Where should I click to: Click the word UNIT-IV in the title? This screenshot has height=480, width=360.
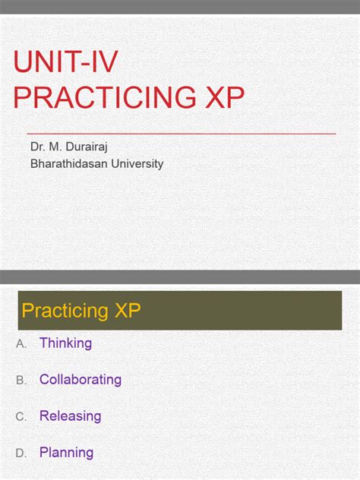pos(66,63)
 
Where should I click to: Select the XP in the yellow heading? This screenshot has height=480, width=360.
pos(126,310)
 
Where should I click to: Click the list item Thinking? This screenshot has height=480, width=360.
pos(65,343)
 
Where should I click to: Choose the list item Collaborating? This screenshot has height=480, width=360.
pos(81,380)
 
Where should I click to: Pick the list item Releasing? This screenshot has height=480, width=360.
pos(70,416)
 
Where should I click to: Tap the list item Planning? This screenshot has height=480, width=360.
pos(66,453)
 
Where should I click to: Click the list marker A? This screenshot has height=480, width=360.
pos(21,344)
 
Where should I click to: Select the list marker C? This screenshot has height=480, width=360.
pos(21,417)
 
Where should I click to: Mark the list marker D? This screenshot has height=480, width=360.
pos(21,453)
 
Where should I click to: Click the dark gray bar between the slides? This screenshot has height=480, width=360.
pos(180,277)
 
